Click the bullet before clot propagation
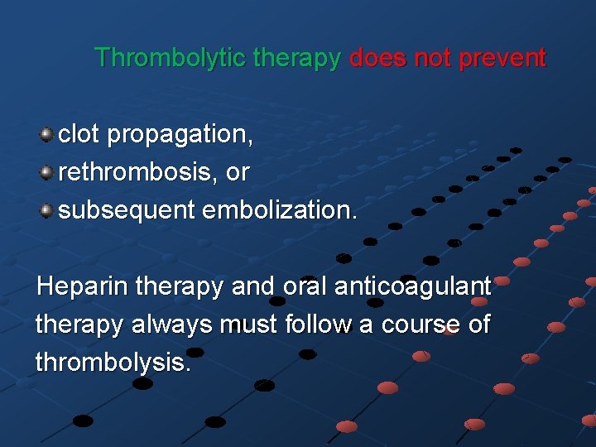click(x=47, y=134)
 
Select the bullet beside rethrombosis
click(x=47, y=172)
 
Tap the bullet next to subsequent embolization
click(x=47, y=210)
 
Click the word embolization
click(x=281, y=210)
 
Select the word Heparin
click(x=82, y=287)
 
